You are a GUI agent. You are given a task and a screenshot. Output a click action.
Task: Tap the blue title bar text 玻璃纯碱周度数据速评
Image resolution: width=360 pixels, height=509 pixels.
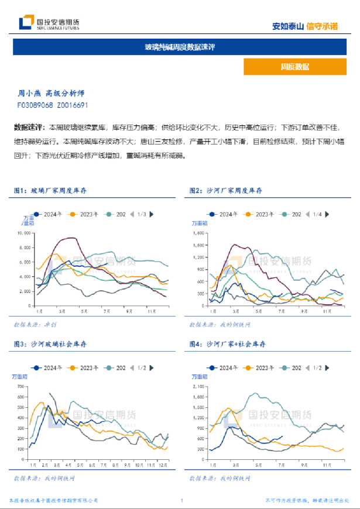[x=180, y=47]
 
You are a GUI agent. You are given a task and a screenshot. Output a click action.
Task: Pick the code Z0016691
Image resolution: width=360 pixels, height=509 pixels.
[x=73, y=105]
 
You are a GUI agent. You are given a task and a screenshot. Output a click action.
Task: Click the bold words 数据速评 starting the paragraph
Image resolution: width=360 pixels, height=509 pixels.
[x=29, y=127]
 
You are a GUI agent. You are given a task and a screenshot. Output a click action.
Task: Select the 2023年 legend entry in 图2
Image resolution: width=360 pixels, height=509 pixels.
[x=261, y=215]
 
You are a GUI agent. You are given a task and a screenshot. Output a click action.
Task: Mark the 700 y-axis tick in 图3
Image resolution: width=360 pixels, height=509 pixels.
[x=22, y=387]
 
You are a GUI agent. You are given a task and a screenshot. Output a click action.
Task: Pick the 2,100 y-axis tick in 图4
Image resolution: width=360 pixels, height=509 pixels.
[x=199, y=387]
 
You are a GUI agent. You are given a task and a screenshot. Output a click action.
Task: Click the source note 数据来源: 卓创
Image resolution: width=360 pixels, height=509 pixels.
[x=35, y=324]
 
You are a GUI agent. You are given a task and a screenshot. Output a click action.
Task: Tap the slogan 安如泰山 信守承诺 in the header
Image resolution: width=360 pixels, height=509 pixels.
[x=305, y=26]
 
